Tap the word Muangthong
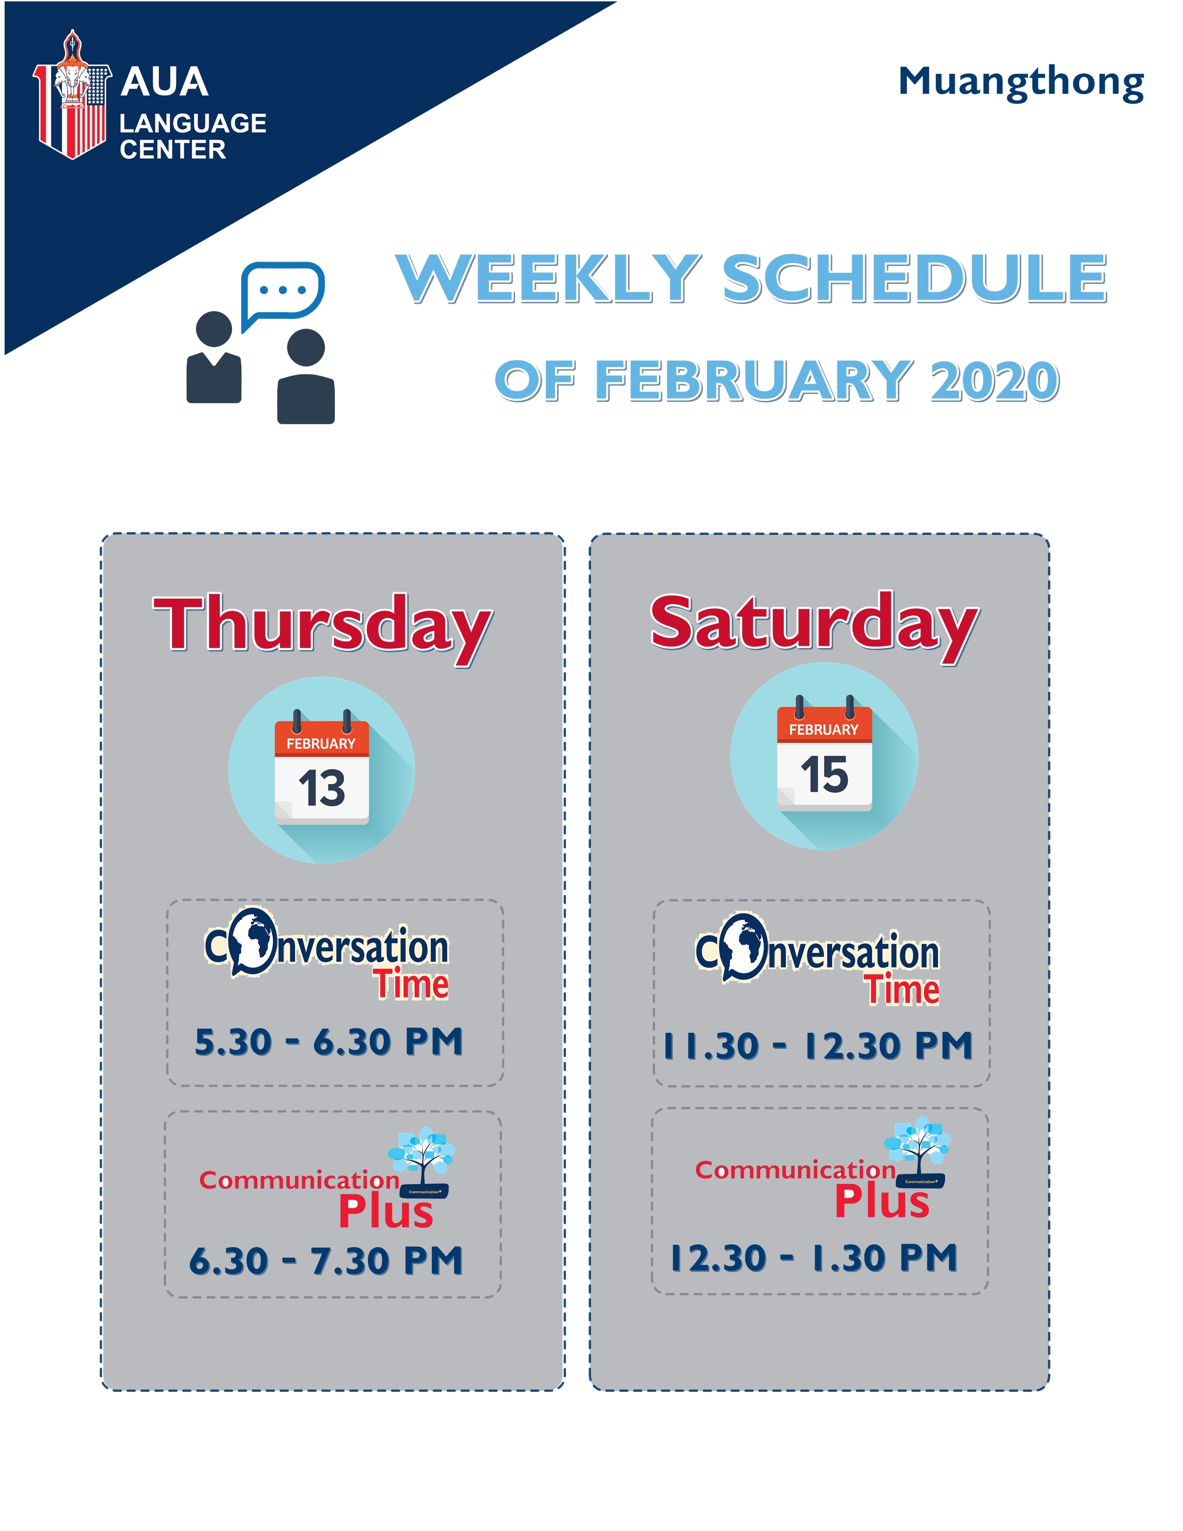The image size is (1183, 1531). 1021,84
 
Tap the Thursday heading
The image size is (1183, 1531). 322,626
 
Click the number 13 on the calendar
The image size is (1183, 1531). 321,788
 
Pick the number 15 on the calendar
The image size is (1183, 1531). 824,775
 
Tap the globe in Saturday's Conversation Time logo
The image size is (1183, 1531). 744,947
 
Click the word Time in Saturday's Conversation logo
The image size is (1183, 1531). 901,990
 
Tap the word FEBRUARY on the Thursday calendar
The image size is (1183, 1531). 321,744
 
